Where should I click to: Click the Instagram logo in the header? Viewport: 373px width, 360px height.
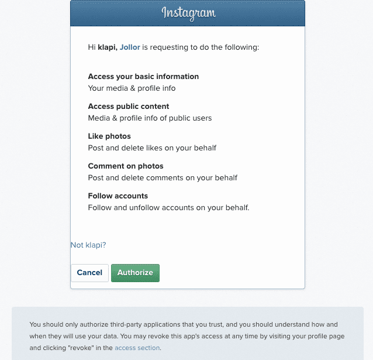point(188,12)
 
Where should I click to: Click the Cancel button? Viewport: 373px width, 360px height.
point(89,273)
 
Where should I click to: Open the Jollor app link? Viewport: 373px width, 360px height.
point(130,47)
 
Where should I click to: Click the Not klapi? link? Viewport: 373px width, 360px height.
point(88,245)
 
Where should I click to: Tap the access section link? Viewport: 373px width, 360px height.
point(137,348)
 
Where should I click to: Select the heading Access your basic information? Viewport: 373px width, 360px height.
point(143,77)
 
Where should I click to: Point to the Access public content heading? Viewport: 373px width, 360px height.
point(129,107)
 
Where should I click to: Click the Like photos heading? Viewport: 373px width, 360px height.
point(109,136)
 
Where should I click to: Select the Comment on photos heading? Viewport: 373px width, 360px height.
point(126,166)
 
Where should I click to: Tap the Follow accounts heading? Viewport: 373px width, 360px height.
point(118,196)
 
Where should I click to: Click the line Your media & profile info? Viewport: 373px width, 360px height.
point(132,88)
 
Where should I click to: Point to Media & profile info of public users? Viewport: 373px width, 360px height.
point(150,118)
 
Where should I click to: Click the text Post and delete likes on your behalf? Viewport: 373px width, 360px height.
point(152,148)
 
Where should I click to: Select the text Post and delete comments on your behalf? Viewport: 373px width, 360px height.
point(163,177)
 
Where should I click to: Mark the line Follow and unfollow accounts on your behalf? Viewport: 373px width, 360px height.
point(168,207)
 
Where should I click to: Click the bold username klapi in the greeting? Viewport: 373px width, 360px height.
point(107,47)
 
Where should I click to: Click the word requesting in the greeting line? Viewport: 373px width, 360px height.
point(169,47)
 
